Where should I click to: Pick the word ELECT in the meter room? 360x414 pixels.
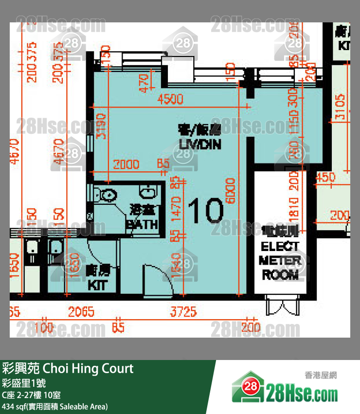[280, 246]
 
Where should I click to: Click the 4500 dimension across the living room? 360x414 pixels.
[170, 99]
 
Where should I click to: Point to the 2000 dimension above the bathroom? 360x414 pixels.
[126, 164]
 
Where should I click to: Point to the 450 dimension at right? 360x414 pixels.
[326, 178]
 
